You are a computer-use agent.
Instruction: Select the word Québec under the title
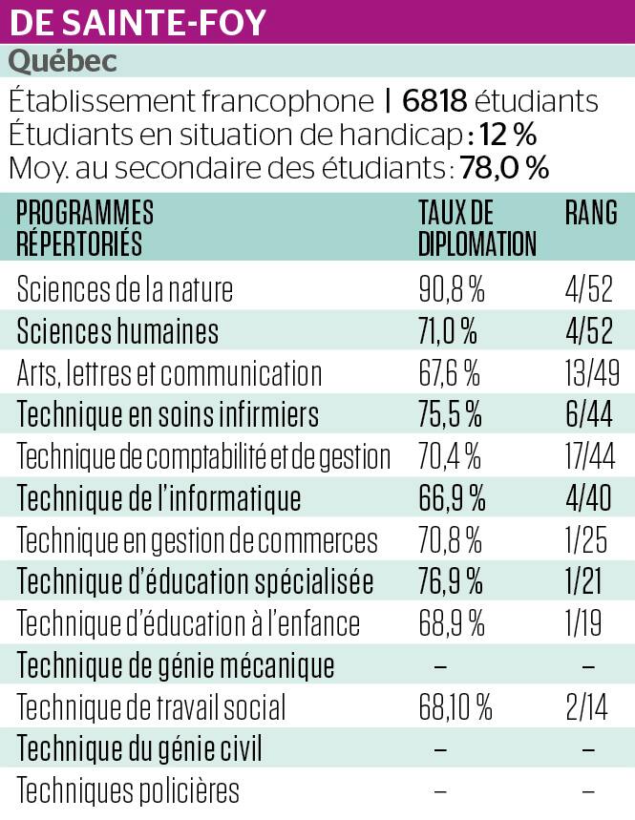(63, 62)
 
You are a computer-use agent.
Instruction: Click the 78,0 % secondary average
(504, 169)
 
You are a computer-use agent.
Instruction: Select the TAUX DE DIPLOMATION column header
(476, 228)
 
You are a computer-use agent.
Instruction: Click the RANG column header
(590, 212)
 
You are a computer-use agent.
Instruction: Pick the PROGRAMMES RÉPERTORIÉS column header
(86, 228)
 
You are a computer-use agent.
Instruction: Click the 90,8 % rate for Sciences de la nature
(452, 289)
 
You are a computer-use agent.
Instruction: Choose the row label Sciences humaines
(117, 331)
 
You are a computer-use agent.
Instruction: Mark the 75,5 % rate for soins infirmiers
(452, 415)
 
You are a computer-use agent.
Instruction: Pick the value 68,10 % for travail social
(455, 708)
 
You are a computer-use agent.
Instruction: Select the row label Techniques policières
(128, 791)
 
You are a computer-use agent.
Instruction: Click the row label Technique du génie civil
(139, 749)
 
